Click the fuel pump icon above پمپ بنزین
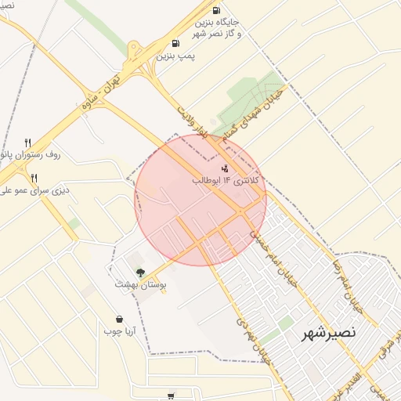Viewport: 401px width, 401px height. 175,44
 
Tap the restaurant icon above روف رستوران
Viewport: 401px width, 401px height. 28,143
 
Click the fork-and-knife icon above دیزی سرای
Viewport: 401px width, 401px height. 34,178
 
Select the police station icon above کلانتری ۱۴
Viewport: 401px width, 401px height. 226,168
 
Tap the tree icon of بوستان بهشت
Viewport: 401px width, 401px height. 140,273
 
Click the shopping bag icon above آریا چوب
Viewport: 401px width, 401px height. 119,319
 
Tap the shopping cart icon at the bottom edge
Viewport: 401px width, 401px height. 171,396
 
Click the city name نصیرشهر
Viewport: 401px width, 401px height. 329,333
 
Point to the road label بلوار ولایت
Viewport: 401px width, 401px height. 192,125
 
